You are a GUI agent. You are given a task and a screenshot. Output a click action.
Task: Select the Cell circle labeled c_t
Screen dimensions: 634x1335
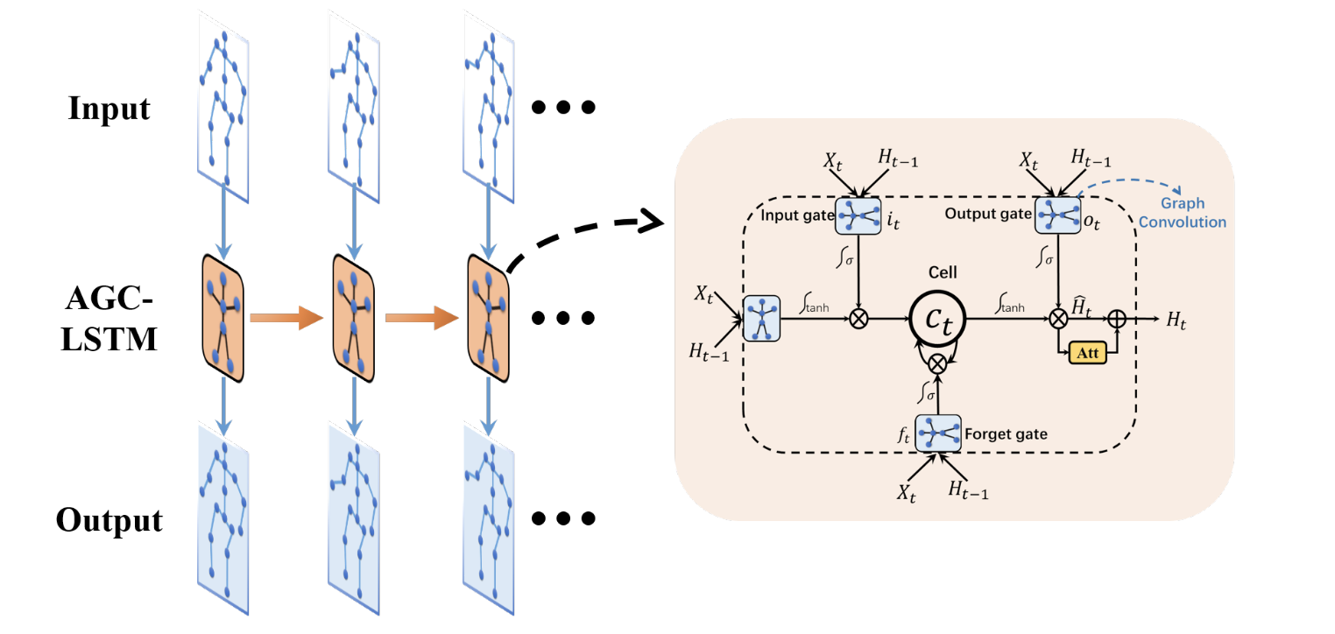(x=938, y=320)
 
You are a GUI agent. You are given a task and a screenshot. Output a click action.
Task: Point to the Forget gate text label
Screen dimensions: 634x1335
(x=1006, y=433)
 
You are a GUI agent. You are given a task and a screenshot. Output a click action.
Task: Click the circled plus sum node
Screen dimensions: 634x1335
(x=1118, y=320)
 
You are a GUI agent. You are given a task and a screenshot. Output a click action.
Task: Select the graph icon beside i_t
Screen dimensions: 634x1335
(x=858, y=215)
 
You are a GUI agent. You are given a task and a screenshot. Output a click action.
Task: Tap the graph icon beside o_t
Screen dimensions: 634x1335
(x=1054, y=215)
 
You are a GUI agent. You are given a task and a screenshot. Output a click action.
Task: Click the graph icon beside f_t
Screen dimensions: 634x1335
(x=937, y=433)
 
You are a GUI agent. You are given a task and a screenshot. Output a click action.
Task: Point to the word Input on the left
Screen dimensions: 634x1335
(x=109, y=109)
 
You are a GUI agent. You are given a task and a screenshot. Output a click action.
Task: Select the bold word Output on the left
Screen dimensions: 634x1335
(x=109, y=520)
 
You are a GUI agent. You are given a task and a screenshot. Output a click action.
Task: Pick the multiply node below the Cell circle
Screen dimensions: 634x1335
(x=938, y=363)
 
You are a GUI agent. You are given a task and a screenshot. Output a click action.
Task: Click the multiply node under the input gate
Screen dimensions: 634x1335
(x=858, y=320)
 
